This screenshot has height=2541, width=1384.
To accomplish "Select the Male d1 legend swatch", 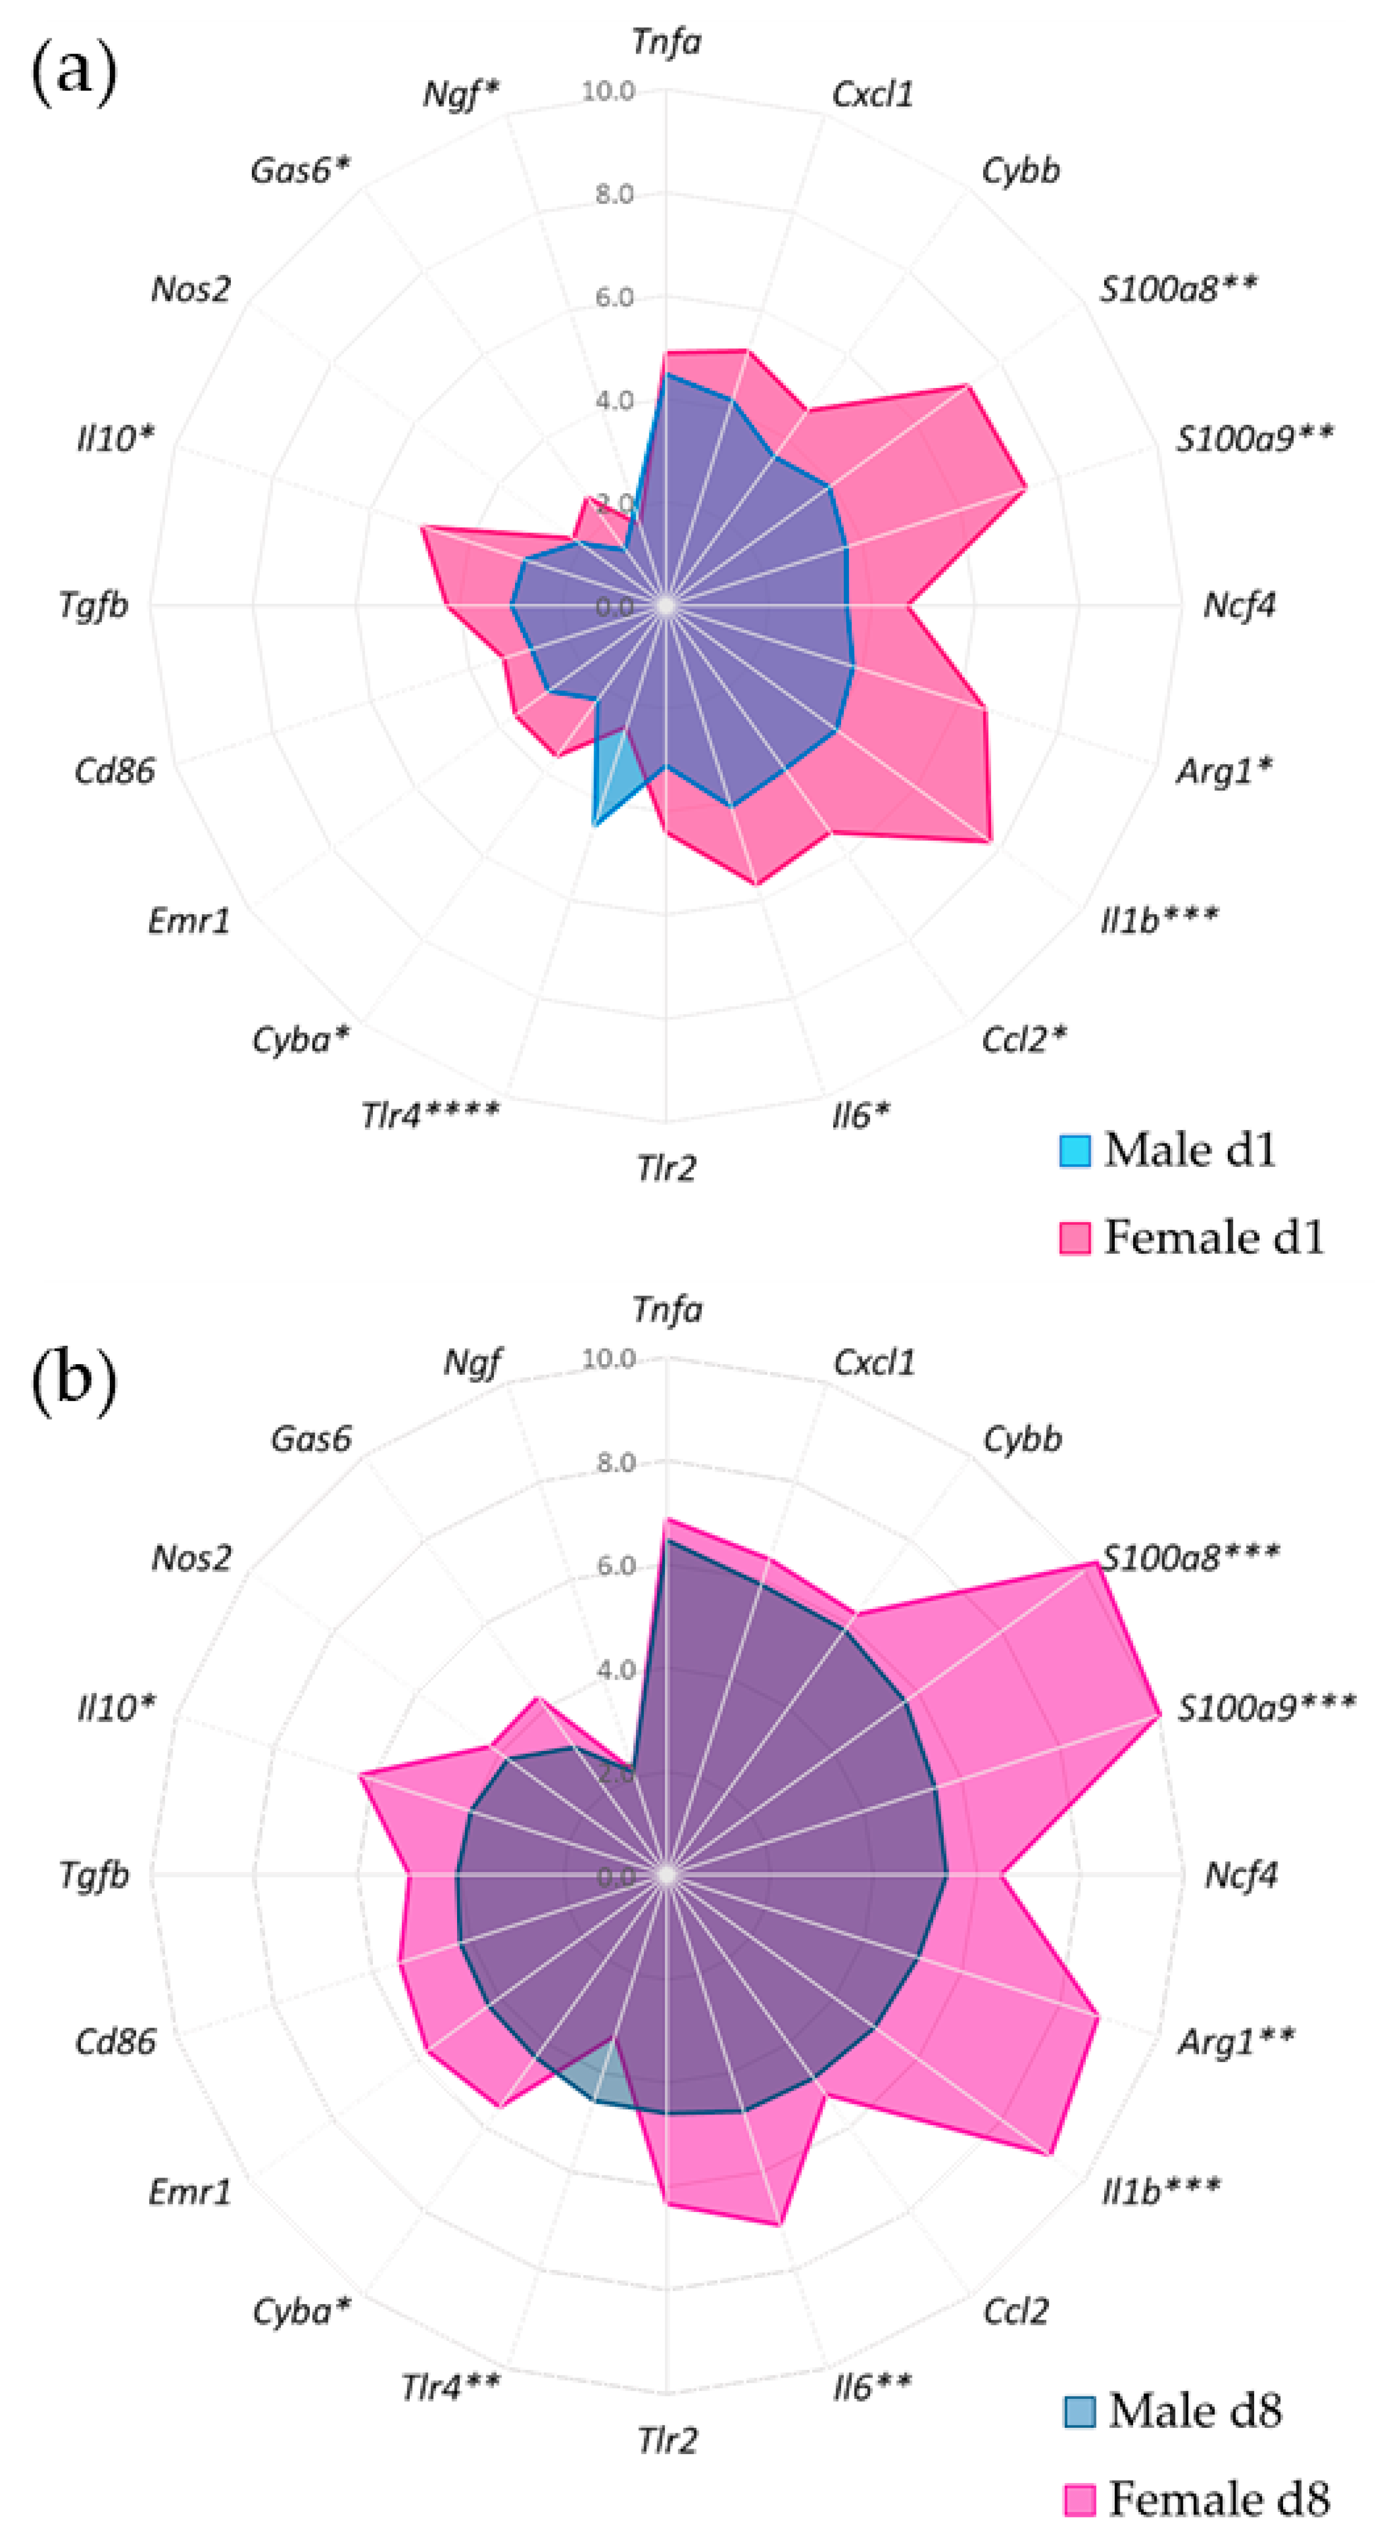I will pos(1074,1150).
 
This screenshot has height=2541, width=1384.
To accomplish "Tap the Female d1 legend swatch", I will pos(1074,1237).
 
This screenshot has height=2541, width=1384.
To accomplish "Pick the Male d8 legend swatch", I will pos(1079,2411).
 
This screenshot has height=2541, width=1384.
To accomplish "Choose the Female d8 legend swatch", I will pos(1079,2499).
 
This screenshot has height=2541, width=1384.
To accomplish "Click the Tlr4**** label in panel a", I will pos(429,1114).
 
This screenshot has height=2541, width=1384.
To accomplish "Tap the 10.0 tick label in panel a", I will pos(606,91).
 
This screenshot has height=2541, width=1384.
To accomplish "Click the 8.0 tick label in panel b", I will pos(614,1462).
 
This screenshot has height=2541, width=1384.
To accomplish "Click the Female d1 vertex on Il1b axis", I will pos(990,841).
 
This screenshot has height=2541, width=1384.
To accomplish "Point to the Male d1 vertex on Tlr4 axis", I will pos(594,823).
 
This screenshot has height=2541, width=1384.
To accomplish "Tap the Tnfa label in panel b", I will pos(667,1310).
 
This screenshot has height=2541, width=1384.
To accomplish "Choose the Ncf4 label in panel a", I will pos(1239,605).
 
